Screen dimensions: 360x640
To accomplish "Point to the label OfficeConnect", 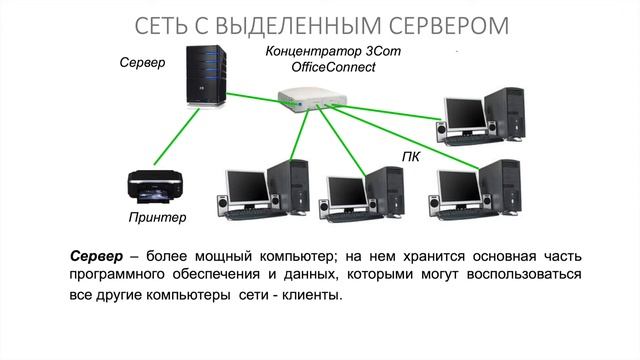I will click(x=333, y=67).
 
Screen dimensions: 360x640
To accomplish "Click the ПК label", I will click(x=410, y=157).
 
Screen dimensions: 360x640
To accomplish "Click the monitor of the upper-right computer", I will click(x=464, y=115).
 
